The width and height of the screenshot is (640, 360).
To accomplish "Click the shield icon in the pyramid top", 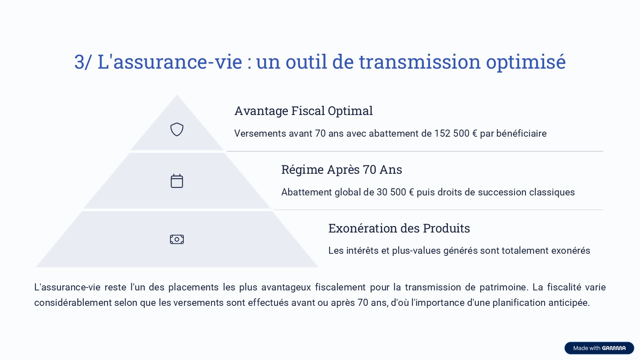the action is pyautogui.click(x=177, y=130).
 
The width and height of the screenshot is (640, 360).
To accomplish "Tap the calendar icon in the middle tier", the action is pyautogui.click(x=177, y=181).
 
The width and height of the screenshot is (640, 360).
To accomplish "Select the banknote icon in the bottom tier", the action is pyautogui.click(x=177, y=239).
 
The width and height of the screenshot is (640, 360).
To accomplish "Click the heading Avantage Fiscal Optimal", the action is pyautogui.click(x=303, y=111).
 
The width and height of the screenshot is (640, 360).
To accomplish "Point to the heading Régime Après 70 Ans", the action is pyautogui.click(x=341, y=170).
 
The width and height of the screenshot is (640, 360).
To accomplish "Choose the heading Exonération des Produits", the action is pyautogui.click(x=399, y=228).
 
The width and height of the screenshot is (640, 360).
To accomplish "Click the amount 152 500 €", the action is pyautogui.click(x=456, y=133).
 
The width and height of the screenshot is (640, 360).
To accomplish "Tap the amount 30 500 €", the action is pyautogui.click(x=395, y=192).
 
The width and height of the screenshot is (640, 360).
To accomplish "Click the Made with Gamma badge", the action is pyautogui.click(x=599, y=348).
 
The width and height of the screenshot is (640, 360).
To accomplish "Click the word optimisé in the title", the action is pyautogui.click(x=526, y=62).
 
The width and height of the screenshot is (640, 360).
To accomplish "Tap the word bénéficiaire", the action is pyautogui.click(x=521, y=133).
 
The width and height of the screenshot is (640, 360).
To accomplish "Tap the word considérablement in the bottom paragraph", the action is pyautogui.click(x=73, y=302).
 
